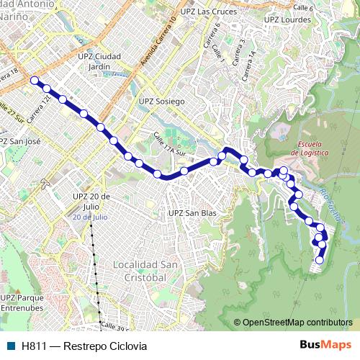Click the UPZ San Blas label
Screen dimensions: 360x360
click(x=192, y=213)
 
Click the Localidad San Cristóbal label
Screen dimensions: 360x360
click(x=145, y=271)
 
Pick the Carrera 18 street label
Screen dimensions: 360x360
click(x=9, y=74)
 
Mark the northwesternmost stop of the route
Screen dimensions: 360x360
click(x=34, y=81)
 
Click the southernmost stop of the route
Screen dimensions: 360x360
click(x=320, y=260)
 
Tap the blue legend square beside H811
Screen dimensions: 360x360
click(x=11, y=346)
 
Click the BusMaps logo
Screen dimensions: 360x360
click(x=325, y=346)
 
